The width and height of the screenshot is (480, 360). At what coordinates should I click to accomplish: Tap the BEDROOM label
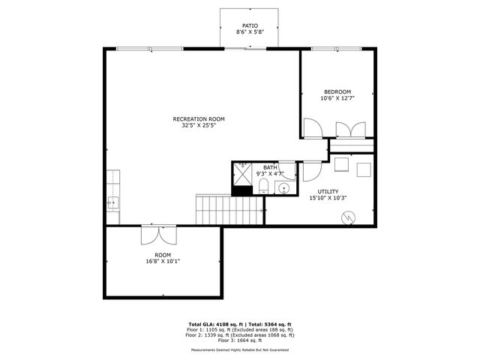pos(337,91)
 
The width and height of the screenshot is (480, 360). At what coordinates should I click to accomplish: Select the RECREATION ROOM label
pos(198,118)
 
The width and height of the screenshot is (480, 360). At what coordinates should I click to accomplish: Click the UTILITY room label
pos(328,191)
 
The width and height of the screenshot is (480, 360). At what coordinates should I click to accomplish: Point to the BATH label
pos(269,167)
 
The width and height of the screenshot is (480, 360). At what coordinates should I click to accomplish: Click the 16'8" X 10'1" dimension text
pos(163,261)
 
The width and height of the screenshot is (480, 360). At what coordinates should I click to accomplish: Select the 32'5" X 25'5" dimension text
pos(198,125)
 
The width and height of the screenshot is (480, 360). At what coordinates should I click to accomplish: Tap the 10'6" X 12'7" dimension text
pos(337,98)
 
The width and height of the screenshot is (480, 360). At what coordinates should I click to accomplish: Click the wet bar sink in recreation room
pos(112,202)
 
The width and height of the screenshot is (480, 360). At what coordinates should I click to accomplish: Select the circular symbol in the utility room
pos(347,217)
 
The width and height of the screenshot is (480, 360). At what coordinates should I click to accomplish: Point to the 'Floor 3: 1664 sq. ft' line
pos(240,340)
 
